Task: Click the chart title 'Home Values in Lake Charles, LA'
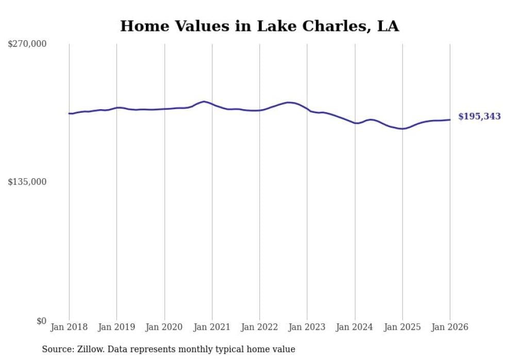(x=259, y=26)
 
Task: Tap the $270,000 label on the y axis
(x=27, y=44)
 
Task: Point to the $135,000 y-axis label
(x=27, y=182)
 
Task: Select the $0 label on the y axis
(x=41, y=321)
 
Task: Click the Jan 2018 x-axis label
(x=69, y=327)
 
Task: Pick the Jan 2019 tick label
(x=116, y=327)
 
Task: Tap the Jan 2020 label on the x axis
(x=164, y=327)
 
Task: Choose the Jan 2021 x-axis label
(x=212, y=327)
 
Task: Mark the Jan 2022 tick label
(x=260, y=327)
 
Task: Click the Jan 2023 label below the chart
(x=307, y=327)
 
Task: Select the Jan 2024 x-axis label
(x=355, y=327)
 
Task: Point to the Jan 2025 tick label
(x=402, y=327)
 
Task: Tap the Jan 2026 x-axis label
(x=450, y=327)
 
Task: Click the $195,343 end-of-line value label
(x=479, y=117)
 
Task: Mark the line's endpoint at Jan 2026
(x=450, y=119)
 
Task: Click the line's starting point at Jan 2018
(x=69, y=113)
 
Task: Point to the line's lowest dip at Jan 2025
(x=402, y=129)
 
